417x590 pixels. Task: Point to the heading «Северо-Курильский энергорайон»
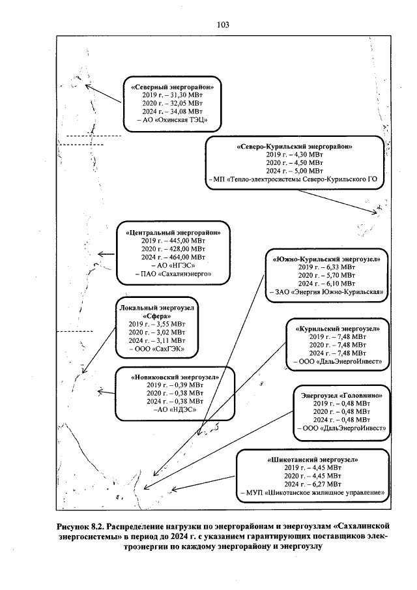295,146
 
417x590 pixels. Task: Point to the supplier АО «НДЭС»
173,411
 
